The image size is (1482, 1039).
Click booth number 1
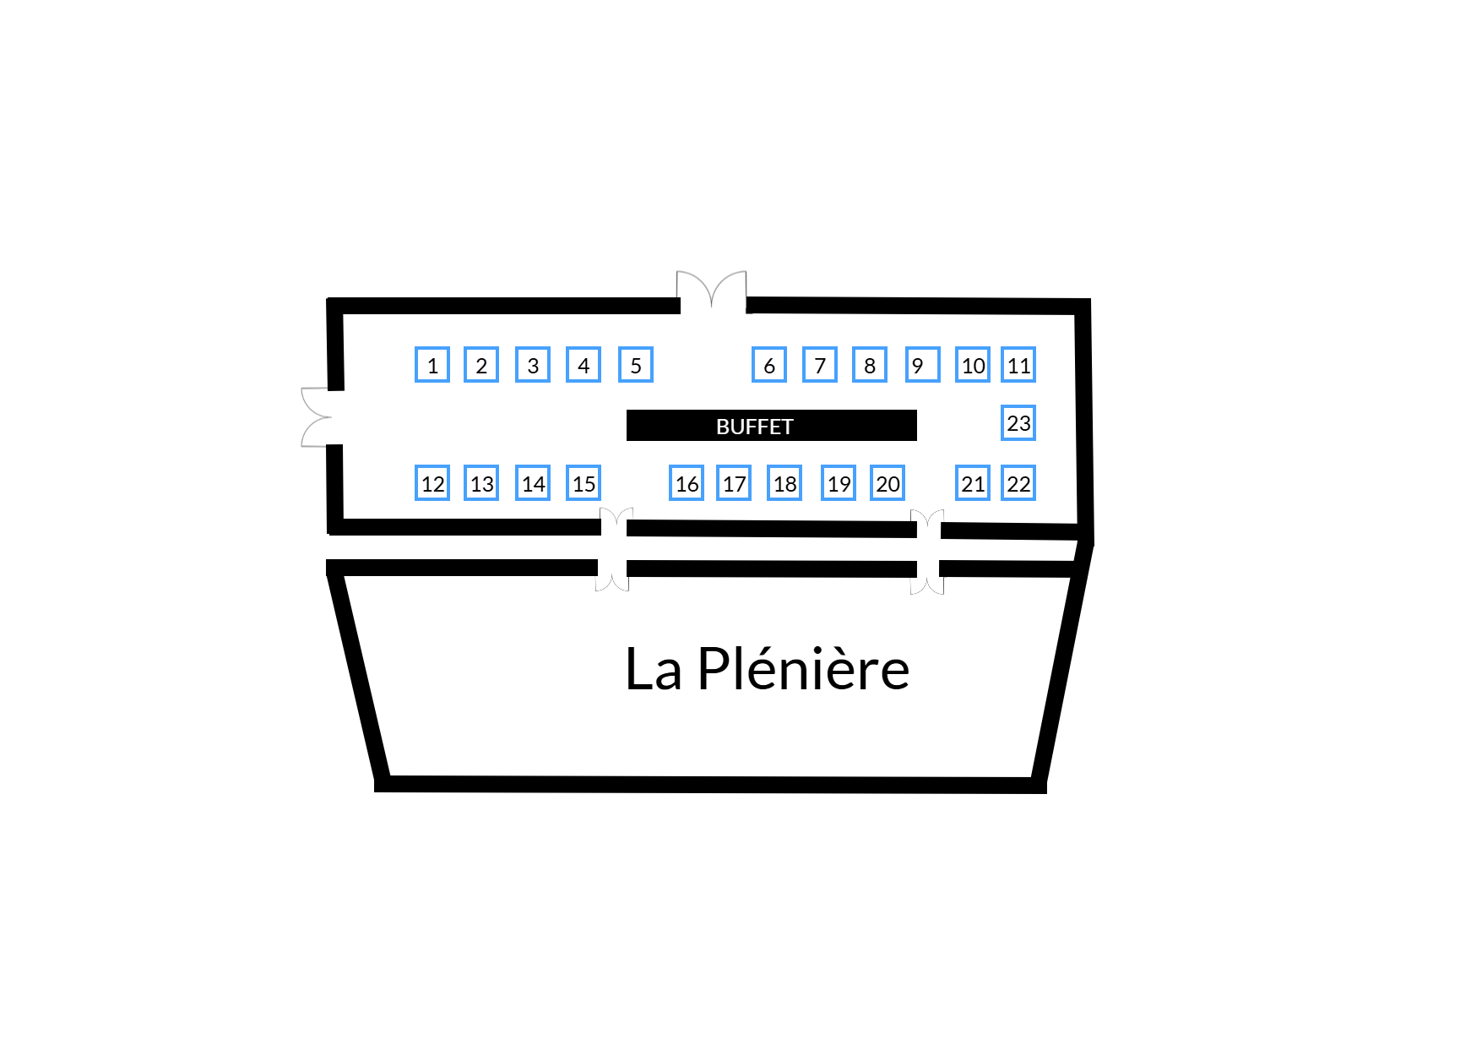pyautogui.click(x=432, y=365)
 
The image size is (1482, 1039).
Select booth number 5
pyautogui.click(x=636, y=365)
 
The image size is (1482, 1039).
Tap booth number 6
pyautogui.click(x=769, y=365)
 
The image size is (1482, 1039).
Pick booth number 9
pyautogui.click(x=923, y=365)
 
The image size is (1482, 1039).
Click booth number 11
pyautogui.click(x=1018, y=365)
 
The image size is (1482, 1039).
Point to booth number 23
pyautogui.click(x=1018, y=422)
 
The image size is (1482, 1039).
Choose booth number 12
pyautogui.click(x=432, y=483)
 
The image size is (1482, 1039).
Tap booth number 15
pyautogui.click(x=584, y=483)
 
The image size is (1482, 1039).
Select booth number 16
pyautogui.click(x=687, y=483)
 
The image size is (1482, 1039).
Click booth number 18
pyautogui.click(x=784, y=483)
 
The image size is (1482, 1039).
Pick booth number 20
pyautogui.click(x=888, y=483)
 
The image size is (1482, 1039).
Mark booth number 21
pyautogui.click(x=973, y=483)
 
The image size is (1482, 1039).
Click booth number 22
pyautogui.click(x=1018, y=483)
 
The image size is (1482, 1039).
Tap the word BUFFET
pyautogui.click(x=755, y=427)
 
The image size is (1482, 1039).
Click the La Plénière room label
pyautogui.click(x=767, y=669)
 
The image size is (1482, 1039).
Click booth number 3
pyautogui.click(x=533, y=365)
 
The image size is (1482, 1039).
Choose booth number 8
pyautogui.click(x=870, y=365)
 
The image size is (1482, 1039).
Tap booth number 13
pyautogui.click(x=481, y=483)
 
